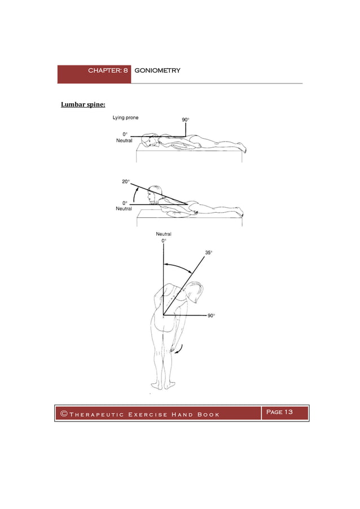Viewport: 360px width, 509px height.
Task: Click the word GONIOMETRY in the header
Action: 157,71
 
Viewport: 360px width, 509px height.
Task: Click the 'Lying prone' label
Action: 128,118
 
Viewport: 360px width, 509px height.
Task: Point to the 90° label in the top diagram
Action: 185,120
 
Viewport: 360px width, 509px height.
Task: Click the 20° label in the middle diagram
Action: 125,182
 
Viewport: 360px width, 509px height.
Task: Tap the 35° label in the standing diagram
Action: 208,253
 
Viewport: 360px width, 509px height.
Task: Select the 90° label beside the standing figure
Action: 210,316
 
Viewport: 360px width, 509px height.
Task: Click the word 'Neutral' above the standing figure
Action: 164,234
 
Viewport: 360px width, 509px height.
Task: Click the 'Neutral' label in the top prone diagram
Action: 124,141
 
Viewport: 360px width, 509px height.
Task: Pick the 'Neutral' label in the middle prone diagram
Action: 124,208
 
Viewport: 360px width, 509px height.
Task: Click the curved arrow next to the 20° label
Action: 132,193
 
